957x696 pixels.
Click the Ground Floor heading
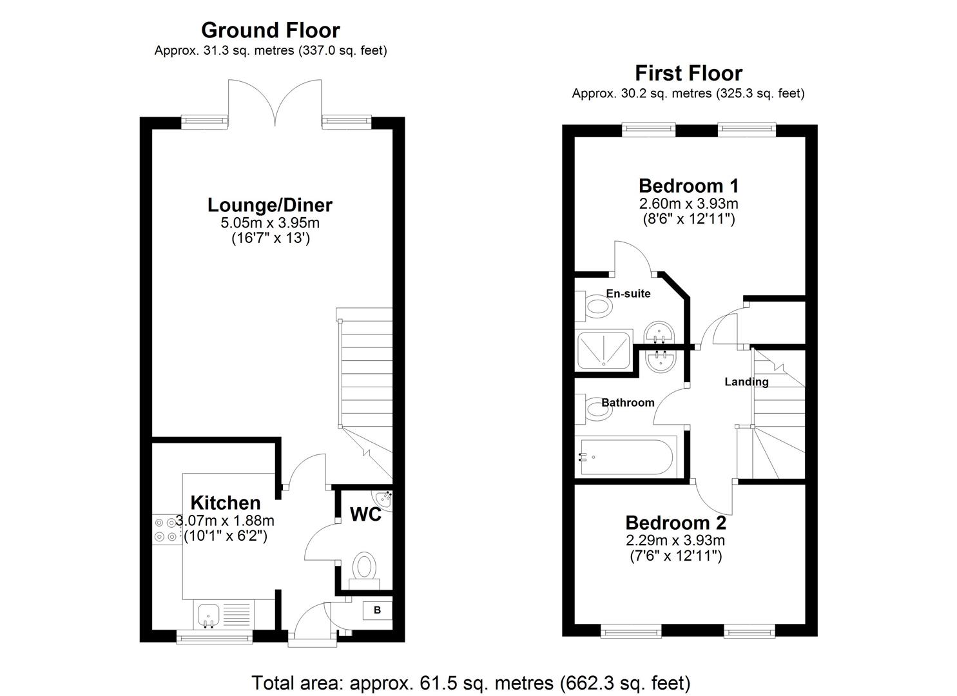coord(270,30)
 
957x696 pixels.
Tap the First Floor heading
coord(688,73)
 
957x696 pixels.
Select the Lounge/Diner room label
coord(269,205)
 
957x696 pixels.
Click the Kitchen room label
coord(226,503)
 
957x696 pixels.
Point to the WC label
coord(365,514)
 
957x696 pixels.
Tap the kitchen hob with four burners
coord(165,530)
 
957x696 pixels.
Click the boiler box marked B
coord(378,610)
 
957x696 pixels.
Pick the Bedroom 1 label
coord(688,186)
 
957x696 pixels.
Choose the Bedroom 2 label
coord(675,523)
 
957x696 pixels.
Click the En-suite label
coord(628,294)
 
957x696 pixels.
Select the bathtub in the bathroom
coord(626,457)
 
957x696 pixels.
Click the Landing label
coord(746,382)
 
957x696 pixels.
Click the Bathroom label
coord(628,403)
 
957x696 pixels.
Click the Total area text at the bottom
coord(470,682)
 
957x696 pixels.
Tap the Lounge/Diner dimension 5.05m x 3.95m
coord(269,224)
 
